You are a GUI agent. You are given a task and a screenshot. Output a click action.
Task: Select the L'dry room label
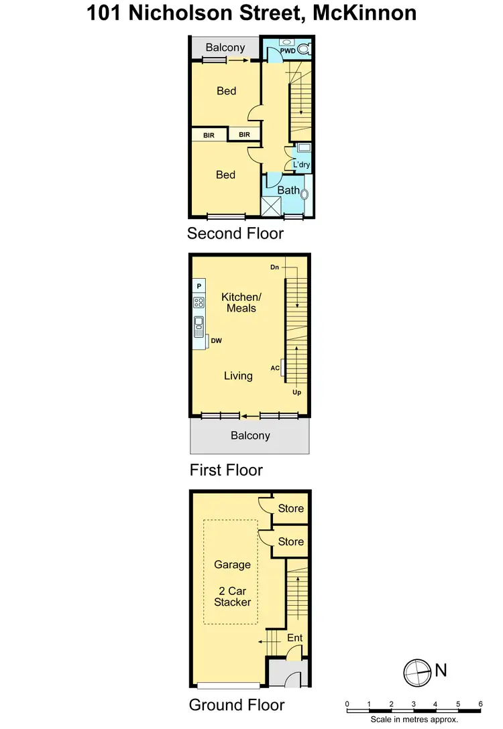point(301,164)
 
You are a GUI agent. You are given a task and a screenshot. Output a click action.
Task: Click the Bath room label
point(288,190)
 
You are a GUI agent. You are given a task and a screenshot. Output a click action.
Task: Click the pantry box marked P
point(199,286)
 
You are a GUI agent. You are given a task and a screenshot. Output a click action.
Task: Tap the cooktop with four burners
point(199,302)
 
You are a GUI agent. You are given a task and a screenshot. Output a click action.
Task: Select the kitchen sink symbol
point(199,326)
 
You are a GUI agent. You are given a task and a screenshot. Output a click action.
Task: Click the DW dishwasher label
point(216,341)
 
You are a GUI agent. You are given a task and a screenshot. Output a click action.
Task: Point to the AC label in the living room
point(275,368)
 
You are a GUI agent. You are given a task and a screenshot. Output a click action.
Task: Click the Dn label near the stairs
point(274,267)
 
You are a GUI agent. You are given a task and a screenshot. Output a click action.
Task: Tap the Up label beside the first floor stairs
point(296,393)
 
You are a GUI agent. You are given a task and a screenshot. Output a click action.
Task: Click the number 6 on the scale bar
point(480,704)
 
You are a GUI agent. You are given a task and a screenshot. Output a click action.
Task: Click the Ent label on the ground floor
point(295,638)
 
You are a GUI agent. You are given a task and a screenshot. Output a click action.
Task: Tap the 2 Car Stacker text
point(232,596)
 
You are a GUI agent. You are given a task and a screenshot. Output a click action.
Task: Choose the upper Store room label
point(291,509)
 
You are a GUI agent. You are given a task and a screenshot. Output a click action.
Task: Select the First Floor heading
point(226,470)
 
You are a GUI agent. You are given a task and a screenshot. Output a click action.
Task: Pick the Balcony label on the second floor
point(225,48)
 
